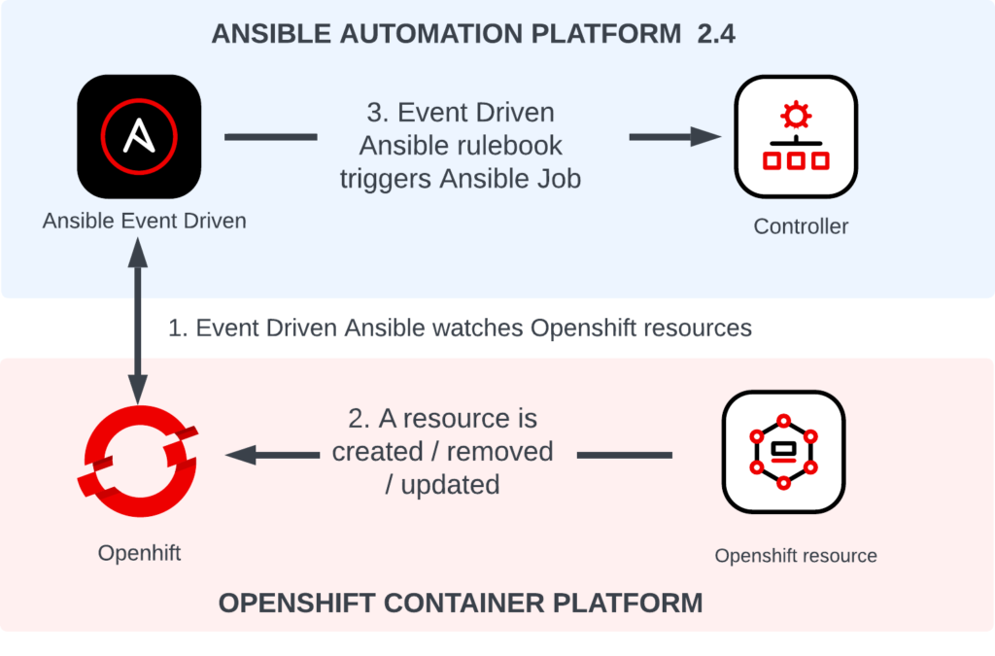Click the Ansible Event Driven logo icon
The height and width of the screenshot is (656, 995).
(139, 136)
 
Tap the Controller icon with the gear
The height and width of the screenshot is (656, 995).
(796, 136)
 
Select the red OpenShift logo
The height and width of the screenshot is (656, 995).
(138, 462)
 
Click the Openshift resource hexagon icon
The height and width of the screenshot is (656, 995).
(784, 452)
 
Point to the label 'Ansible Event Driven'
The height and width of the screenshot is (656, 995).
(144, 221)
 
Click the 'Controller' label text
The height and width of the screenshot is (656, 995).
(801, 226)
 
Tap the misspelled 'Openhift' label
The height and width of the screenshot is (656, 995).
(139, 553)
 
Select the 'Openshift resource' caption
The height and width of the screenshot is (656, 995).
(796, 556)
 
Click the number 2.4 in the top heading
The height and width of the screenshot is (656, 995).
(716, 34)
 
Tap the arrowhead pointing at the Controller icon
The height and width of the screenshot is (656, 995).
(705, 136)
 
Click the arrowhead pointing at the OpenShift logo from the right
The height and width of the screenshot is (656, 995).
(241, 455)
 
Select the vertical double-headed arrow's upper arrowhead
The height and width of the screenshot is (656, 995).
(138, 253)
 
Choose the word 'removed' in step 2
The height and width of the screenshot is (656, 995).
(500, 452)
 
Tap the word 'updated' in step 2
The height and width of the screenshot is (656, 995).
(451, 485)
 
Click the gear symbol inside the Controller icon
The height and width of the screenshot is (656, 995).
(796, 115)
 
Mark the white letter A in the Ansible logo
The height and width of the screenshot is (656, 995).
(139, 136)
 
